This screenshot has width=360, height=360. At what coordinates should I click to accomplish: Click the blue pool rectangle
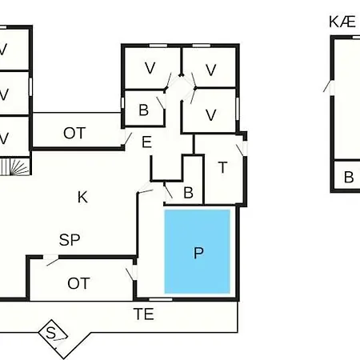click(198, 251)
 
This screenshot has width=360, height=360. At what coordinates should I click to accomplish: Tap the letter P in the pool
click(198, 253)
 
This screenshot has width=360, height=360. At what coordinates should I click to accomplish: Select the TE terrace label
click(144, 314)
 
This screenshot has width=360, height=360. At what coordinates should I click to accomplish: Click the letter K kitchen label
click(82, 197)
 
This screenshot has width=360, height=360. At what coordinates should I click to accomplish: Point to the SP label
click(70, 240)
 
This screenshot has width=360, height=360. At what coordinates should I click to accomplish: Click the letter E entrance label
click(146, 142)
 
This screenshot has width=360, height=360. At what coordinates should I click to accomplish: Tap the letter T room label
click(222, 167)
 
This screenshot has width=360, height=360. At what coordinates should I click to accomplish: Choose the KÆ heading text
click(342, 22)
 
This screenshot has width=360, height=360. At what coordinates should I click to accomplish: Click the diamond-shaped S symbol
click(53, 334)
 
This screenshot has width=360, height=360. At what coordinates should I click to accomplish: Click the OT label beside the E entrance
click(74, 133)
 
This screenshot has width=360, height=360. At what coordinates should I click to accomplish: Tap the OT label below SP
click(78, 283)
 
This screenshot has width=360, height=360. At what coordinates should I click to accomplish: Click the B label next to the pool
click(188, 193)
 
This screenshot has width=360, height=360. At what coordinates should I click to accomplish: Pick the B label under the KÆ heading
click(349, 178)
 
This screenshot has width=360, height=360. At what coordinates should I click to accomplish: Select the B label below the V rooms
click(144, 110)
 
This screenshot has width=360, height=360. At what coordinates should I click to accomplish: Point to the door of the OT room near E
click(126, 139)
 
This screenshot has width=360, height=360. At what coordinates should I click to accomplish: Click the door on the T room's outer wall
click(242, 150)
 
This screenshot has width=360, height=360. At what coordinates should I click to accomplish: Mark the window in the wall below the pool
click(161, 299)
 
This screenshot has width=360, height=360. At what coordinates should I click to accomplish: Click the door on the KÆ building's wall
click(330, 86)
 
